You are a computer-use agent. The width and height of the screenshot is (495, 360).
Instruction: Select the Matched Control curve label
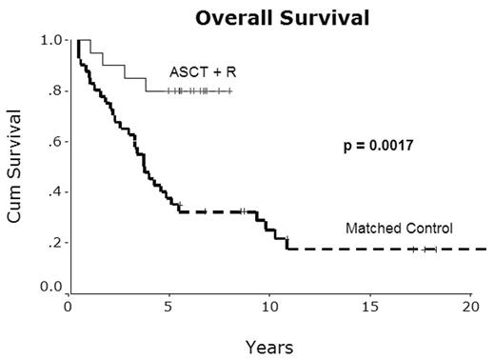(x=398, y=229)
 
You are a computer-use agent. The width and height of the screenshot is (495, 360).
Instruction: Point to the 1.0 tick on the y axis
(x=49, y=41)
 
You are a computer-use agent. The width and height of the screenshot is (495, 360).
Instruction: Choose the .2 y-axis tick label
(x=53, y=243)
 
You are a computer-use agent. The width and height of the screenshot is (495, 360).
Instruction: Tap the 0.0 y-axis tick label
(x=49, y=287)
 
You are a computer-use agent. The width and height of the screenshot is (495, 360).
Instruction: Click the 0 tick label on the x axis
(x=68, y=308)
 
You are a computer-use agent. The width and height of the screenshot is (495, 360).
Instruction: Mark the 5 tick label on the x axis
(x=168, y=308)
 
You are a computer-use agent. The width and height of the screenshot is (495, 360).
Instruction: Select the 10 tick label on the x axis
(x=269, y=308)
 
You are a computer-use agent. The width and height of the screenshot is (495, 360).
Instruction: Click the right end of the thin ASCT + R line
(x=231, y=91)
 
